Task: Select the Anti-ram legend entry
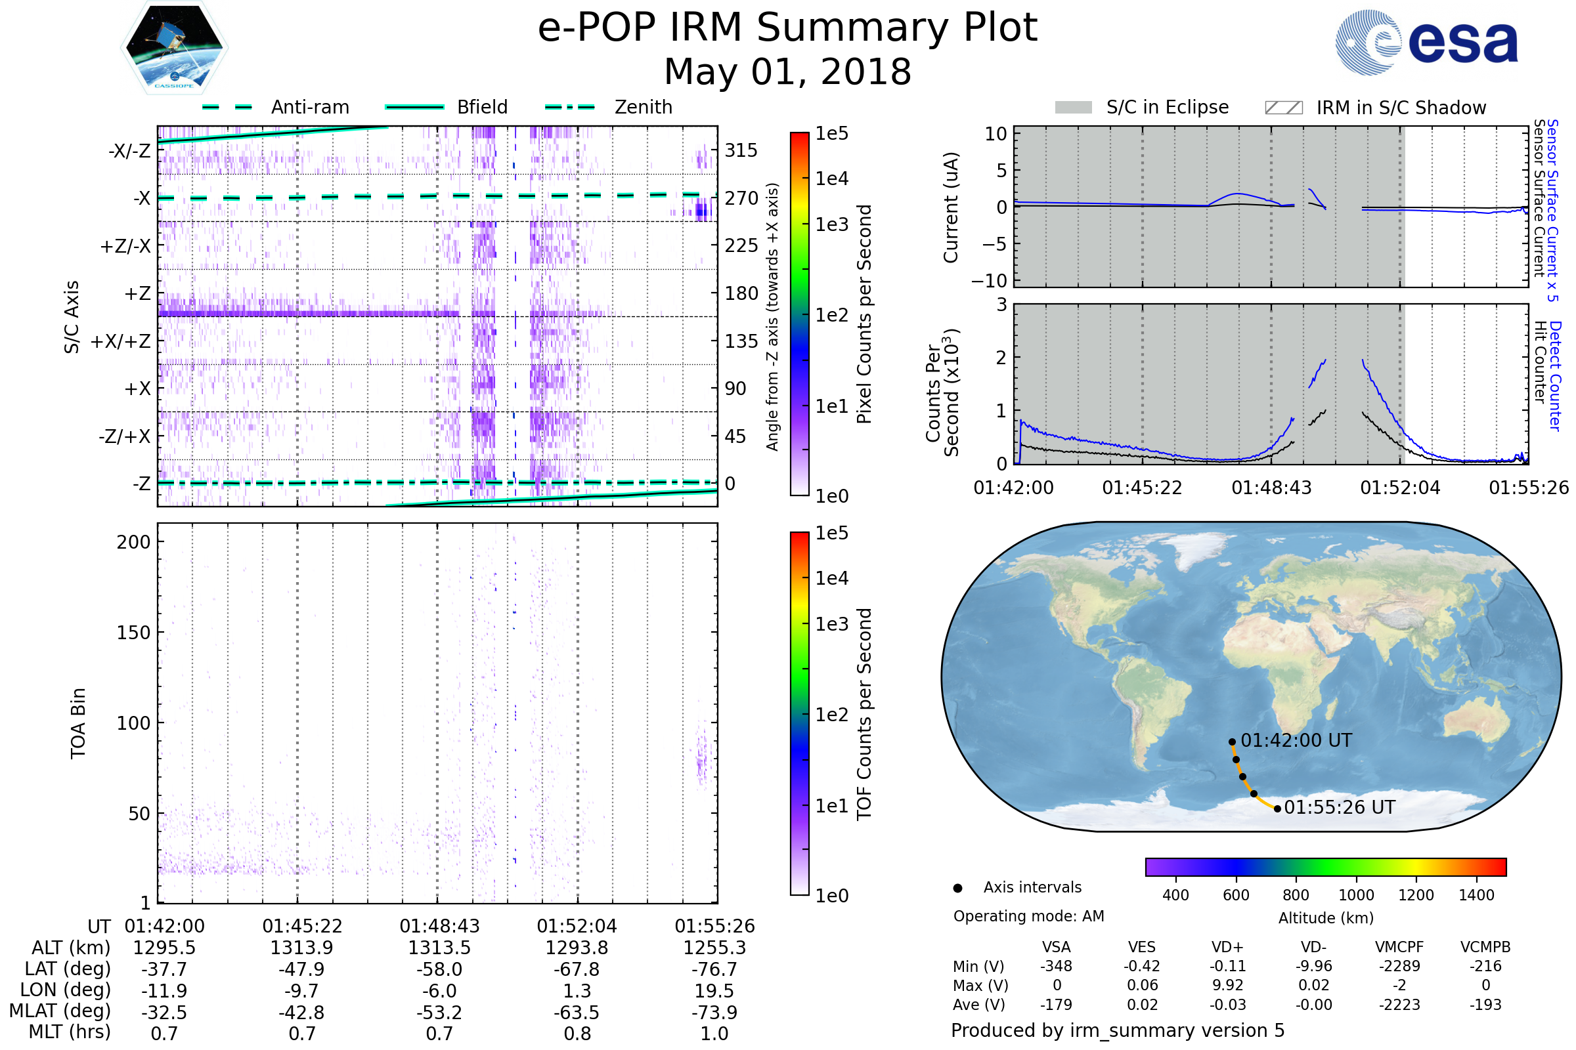[x=309, y=107]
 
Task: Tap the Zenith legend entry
[x=643, y=107]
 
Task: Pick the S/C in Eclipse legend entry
[x=1167, y=107]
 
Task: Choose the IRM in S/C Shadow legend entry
[x=1401, y=108]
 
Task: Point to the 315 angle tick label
[x=741, y=150]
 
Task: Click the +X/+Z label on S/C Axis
[x=121, y=341]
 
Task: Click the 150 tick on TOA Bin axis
[x=133, y=633]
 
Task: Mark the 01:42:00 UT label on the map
[x=1296, y=741]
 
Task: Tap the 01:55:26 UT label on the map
[x=1339, y=808]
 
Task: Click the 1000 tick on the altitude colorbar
[x=1355, y=895]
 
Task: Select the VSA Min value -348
[x=1056, y=966]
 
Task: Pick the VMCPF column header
[x=1399, y=947]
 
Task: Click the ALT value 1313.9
[x=301, y=948]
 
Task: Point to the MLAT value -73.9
[x=714, y=1012]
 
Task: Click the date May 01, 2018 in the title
[x=787, y=72]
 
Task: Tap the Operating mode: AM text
[x=1028, y=916]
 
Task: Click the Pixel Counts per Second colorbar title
[x=864, y=314]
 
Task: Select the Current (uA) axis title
[x=951, y=207]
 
